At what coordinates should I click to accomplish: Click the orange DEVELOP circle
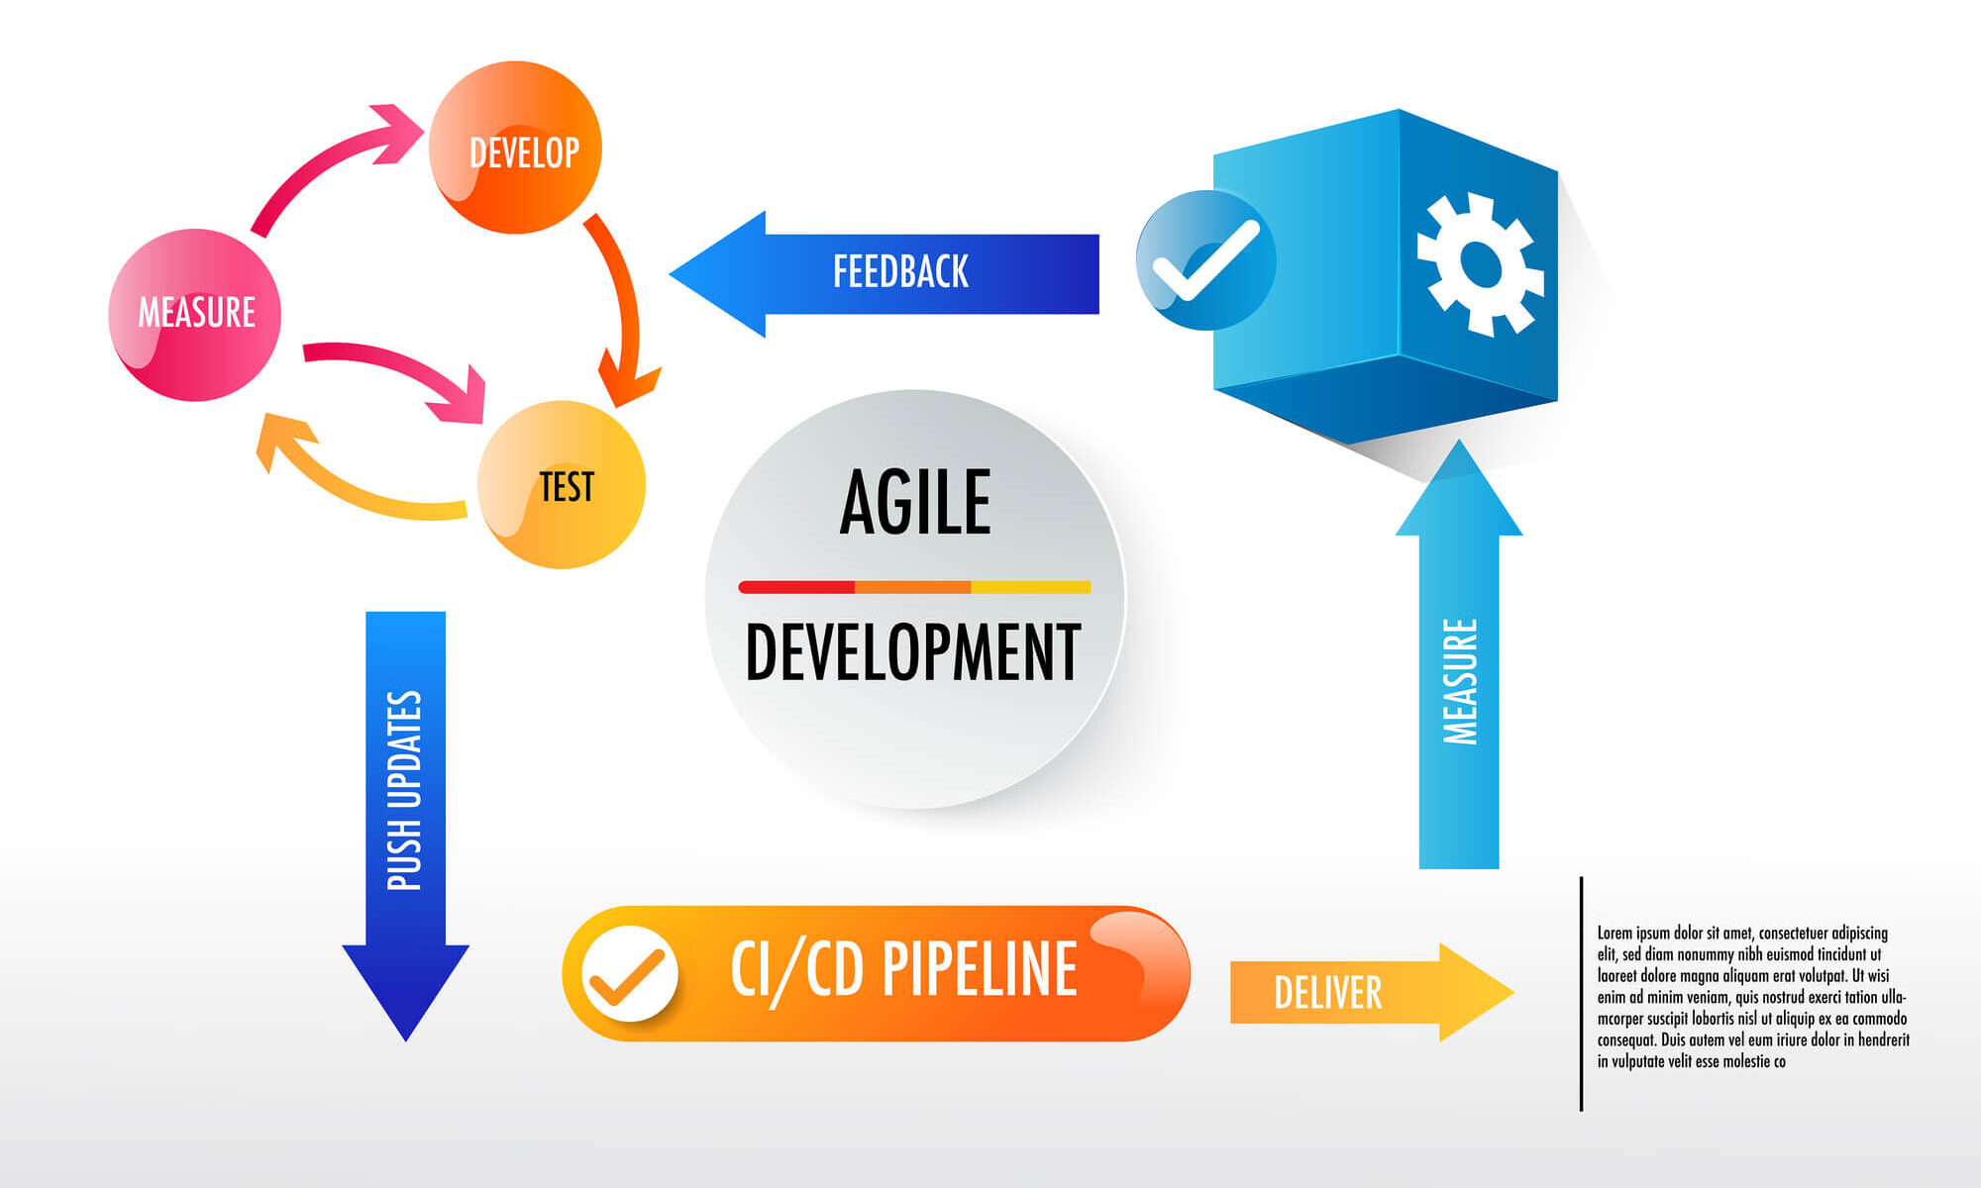coord(515,148)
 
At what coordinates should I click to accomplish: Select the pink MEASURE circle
coord(195,315)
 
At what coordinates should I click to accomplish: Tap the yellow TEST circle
coord(562,485)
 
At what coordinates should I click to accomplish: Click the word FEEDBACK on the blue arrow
coord(900,272)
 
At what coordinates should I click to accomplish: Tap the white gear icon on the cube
coord(1479,263)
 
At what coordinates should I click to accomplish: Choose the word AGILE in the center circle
coord(915,503)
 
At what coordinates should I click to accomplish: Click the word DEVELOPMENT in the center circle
coord(912,652)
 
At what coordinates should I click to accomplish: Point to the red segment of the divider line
coord(796,587)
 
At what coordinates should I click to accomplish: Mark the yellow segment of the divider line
coord(1030,587)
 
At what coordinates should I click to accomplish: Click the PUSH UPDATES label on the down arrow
coord(405,790)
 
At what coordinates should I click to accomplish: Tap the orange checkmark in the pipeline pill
coord(627,975)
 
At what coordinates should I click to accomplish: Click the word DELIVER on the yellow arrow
coord(1327,993)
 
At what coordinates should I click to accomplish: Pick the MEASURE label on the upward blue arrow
coord(1460,681)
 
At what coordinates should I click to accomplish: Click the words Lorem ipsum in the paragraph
coord(1633,933)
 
